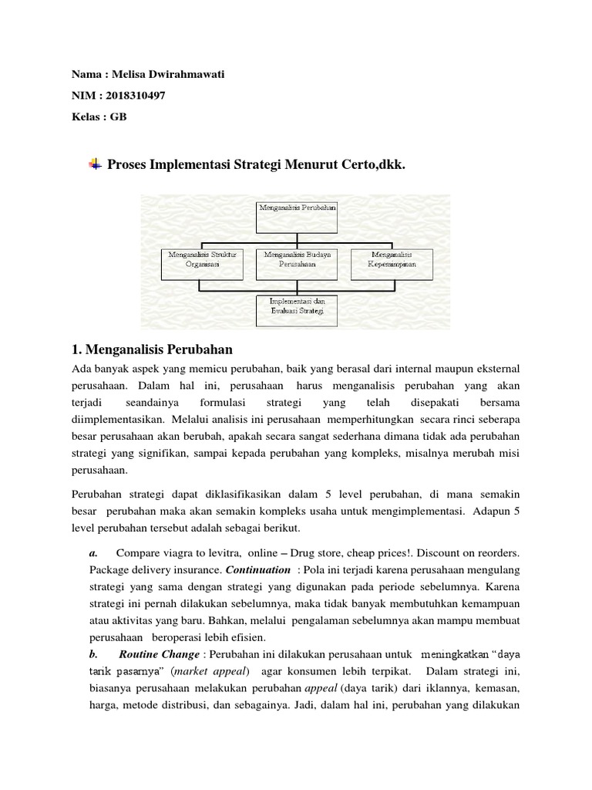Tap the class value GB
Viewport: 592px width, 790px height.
pos(119,116)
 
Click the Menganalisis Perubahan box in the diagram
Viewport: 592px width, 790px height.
pos(296,216)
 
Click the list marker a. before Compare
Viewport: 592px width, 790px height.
pos(93,553)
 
